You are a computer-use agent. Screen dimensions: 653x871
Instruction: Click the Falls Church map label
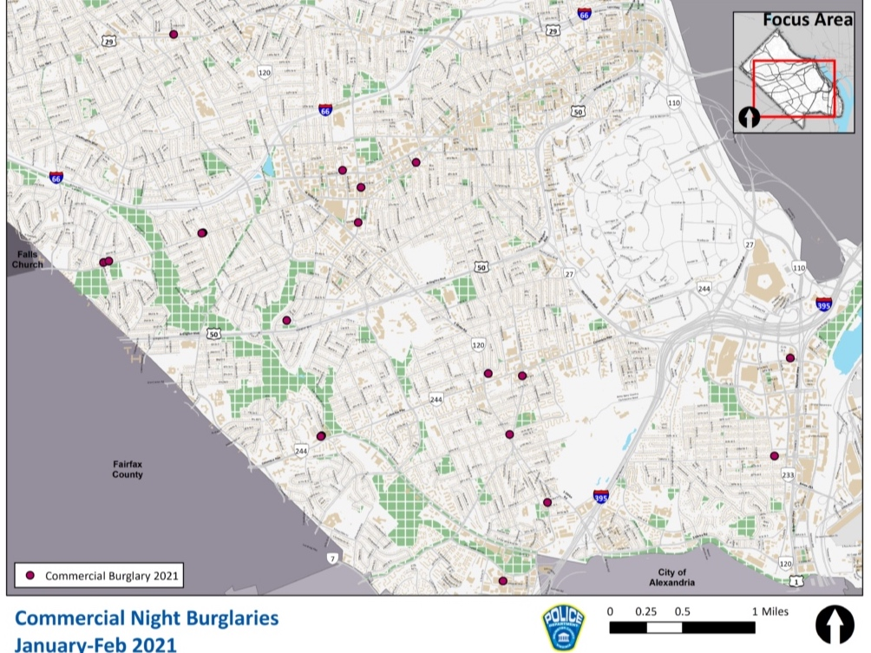point(27,258)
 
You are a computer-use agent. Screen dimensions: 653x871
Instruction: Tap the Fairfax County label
point(128,469)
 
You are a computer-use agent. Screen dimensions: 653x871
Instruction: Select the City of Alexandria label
point(671,578)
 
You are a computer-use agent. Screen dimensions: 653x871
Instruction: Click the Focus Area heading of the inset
point(807,20)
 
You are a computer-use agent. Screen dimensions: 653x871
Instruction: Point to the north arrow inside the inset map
point(749,116)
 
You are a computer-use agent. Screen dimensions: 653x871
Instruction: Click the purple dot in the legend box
point(29,575)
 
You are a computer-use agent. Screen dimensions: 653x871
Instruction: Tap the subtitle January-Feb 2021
point(96,644)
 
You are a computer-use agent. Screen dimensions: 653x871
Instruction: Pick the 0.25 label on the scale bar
point(645,611)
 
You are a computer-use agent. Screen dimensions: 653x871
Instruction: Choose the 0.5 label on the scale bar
point(681,611)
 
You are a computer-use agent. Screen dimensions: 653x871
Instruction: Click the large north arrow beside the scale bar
point(835,624)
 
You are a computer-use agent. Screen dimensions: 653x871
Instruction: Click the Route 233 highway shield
point(788,475)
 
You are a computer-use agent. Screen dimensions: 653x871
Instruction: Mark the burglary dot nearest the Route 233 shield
point(774,456)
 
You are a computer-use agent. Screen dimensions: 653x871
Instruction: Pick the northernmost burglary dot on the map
point(174,35)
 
